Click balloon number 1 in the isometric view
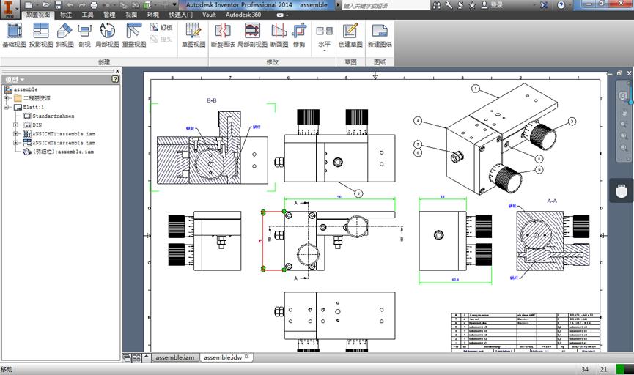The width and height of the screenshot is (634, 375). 475,89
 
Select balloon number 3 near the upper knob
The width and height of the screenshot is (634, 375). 572,122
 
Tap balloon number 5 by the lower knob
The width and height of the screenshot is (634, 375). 539,169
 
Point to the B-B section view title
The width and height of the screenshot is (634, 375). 212,100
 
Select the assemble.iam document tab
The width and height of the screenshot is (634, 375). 173,357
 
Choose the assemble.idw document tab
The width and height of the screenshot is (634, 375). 223,357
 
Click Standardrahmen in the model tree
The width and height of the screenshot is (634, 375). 54,116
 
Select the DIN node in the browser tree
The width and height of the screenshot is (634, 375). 37,125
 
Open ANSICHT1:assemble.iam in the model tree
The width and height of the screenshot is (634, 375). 64,134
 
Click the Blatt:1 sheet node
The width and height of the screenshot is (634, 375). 34,107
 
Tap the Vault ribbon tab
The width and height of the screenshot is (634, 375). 209,15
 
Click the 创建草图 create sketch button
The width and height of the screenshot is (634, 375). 350,34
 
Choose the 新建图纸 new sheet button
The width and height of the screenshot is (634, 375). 379,34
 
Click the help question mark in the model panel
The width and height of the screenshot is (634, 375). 115,79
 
